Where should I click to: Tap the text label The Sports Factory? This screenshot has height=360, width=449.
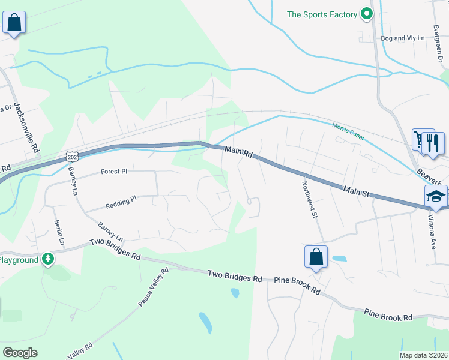coord(322,14)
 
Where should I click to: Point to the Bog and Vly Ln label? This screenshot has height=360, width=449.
coord(402,38)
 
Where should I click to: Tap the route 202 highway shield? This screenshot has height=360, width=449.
coord(72,157)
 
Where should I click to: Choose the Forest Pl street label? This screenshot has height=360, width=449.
coord(114,171)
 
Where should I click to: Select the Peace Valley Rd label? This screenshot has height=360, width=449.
coord(154,287)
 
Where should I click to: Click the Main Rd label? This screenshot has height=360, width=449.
coord(238,152)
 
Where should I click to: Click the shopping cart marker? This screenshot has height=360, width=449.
coord(419,140)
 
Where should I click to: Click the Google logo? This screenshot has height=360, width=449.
coord(20,353)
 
